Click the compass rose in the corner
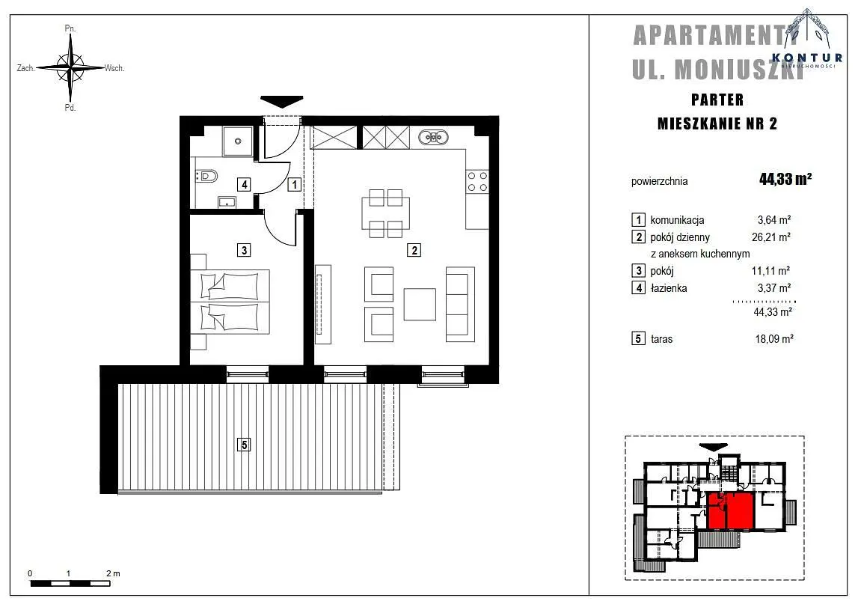click(71, 68)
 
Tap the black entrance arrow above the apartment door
click(282, 102)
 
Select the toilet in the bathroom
click(206, 176)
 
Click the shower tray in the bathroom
click(238, 141)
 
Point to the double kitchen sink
click(433, 137)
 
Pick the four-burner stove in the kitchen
click(477, 181)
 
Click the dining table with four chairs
click(385, 213)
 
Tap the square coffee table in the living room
click(420, 305)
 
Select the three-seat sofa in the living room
click(460, 305)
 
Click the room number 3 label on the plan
click(244, 250)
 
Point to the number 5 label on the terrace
click(244, 444)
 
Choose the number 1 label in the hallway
click(295, 184)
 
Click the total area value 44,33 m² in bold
click(785, 179)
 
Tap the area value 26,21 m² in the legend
click(771, 237)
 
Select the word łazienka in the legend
click(669, 288)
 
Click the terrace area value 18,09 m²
click(774, 338)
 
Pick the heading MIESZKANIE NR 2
click(717, 123)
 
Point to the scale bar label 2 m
click(113, 573)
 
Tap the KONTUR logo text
click(806, 58)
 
